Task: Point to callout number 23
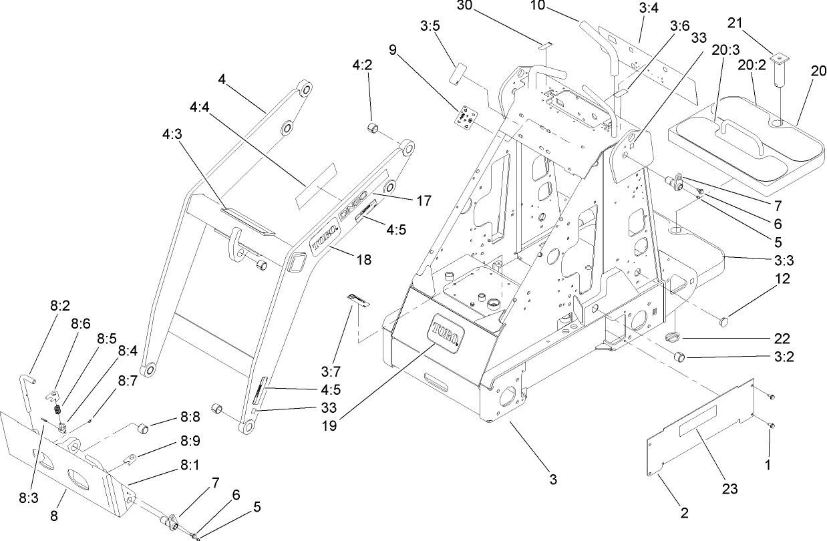(730, 489)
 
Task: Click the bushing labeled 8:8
(141, 427)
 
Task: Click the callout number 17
(424, 200)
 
